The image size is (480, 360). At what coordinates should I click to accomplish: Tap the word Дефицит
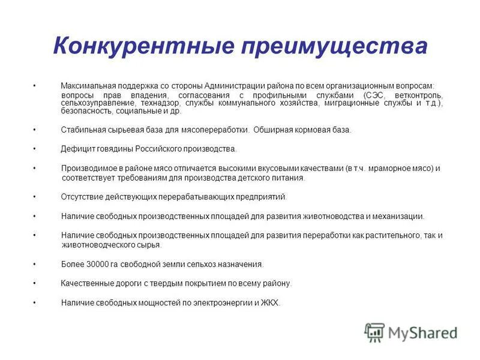click(77, 149)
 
